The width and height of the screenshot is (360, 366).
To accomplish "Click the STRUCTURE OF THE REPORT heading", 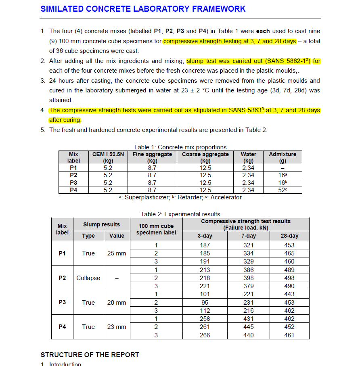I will tap(90, 355).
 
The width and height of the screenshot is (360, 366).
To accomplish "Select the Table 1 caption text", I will tap(180, 147).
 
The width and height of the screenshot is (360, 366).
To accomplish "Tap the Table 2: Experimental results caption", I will tap(180, 214).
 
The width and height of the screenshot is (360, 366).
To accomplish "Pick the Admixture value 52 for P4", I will tap(282, 190).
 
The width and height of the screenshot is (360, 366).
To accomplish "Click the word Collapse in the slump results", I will tap(88, 278).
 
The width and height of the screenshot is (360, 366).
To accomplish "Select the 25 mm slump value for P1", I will tap(116, 253).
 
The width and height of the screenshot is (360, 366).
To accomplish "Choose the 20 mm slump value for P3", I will tap(116, 303).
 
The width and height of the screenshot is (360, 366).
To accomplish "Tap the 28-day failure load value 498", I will tap(289, 278).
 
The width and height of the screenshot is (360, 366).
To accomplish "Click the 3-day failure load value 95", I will tap(205, 303).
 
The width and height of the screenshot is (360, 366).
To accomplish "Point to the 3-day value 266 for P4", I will tap(205, 335).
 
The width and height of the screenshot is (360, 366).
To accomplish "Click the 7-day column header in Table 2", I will tap(248, 236).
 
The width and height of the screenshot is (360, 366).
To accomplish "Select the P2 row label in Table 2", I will tap(62, 278).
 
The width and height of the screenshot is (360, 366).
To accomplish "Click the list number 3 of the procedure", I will tap(43, 80).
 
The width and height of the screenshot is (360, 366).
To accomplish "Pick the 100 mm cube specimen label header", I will tap(156, 229).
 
